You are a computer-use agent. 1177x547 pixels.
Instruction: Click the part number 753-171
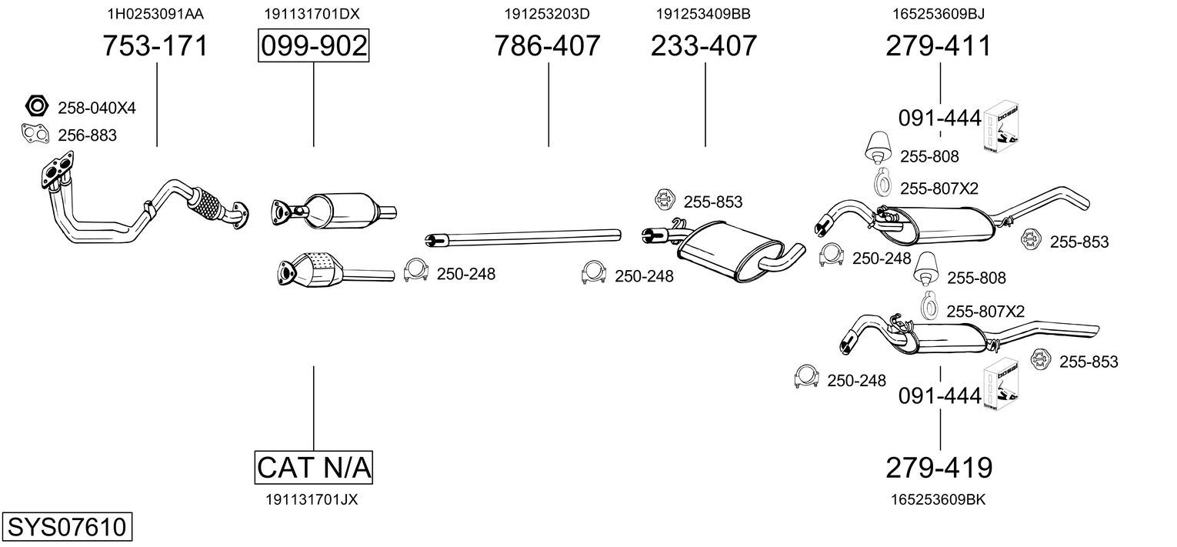pyautogui.click(x=155, y=45)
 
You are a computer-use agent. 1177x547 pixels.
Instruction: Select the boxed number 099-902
pyautogui.click(x=314, y=45)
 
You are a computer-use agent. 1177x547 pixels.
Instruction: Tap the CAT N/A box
pyautogui.click(x=314, y=467)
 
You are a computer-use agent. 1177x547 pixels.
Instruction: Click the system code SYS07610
pyautogui.click(x=67, y=526)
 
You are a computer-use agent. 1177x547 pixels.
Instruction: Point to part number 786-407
pyautogui.click(x=547, y=45)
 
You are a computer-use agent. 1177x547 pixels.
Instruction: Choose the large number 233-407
pyautogui.click(x=704, y=45)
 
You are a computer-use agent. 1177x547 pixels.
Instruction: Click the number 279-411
pyautogui.click(x=939, y=45)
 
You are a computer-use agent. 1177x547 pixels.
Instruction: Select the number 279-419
pyautogui.click(x=939, y=467)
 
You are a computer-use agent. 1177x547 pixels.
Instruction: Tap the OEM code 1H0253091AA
pyautogui.click(x=155, y=14)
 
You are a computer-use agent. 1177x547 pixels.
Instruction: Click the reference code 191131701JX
pyautogui.click(x=312, y=500)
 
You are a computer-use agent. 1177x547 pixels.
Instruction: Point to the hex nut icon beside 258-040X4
pyautogui.click(x=37, y=106)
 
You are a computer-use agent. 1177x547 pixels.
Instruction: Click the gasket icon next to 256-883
pyautogui.click(x=35, y=134)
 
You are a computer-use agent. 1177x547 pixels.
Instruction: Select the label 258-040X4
pyautogui.click(x=97, y=108)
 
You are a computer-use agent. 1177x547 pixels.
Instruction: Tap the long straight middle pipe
pyautogui.click(x=523, y=237)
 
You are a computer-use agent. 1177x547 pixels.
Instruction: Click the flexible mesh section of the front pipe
pyautogui.click(x=205, y=205)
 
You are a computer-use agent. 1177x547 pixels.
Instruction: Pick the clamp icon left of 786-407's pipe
pyautogui.click(x=415, y=271)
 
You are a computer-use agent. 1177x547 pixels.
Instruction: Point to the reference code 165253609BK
pyautogui.click(x=938, y=500)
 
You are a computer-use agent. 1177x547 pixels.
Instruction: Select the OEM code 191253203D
pyautogui.click(x=547, y=14)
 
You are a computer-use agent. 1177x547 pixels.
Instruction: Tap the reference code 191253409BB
pyautogui.click(x=703, y=14)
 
